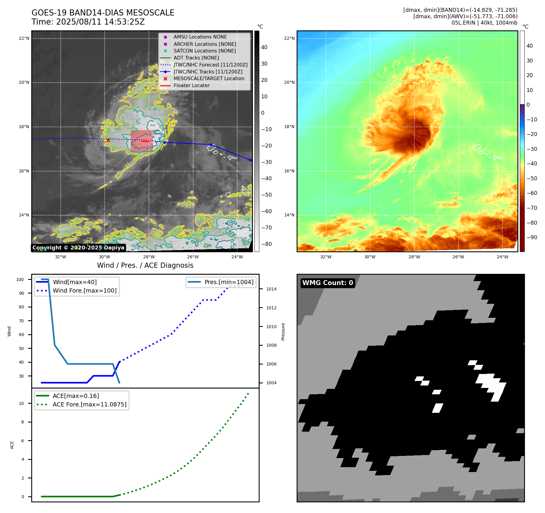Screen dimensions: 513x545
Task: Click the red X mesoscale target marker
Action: pyautogui.click(x=108, y=140)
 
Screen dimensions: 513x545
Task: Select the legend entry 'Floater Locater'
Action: pyautogui.click(x=191, y=86)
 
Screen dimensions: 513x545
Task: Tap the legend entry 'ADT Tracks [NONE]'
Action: pyautogui.click(x=196, y=58)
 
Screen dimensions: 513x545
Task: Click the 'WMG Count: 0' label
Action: pyautogui.click(x=328, y=283)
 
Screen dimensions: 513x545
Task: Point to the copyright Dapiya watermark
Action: pyautogui.click(x=78, y=248)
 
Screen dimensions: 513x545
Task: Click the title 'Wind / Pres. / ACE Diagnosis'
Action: pyautogui.click(x=145, y=265)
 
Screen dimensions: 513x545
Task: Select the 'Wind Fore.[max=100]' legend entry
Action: pyautogui.click(x=84, y=290)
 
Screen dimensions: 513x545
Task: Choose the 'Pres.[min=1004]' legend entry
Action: pyautogui.click(x=229, y=282)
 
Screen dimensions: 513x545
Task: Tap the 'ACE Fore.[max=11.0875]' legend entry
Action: pyautogui.click(x=89, y=404)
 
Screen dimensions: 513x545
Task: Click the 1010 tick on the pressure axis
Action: pyautogui.click(x=271, y=327)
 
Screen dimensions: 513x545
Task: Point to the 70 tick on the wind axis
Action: pyautogui.click(x=21, y=321)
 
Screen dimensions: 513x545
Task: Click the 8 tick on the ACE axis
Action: pyautogui.click(x=22, y=422)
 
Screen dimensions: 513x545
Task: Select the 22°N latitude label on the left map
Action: pyautogui.click(x=24, y=38)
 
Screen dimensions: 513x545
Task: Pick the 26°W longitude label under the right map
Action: pyautogui.click(x=458, y=257)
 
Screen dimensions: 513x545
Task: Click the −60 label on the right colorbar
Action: pyautogui.click(x=532, y=193)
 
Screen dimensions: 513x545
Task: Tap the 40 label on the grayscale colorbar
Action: pyautogui.click(x=264, y=47)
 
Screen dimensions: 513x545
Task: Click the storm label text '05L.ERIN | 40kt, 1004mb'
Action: pyautogui.click(x=484, y=23)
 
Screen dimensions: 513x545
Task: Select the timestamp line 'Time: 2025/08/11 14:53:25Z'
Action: pyautogui.click(x=88, y=22)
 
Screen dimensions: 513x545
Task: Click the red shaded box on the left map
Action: pyautogui.click(x=142, y=141)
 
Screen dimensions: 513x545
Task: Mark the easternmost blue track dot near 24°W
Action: pyautogui.click(x=251, y=160)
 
